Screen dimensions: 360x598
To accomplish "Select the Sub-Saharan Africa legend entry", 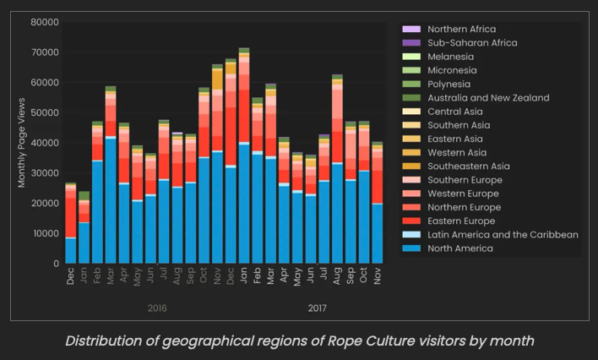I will point(472,42).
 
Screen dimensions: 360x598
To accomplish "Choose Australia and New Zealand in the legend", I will point(488,97).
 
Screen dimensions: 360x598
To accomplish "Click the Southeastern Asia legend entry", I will point(469,166).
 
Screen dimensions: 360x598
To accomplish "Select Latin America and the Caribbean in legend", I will point(503,234).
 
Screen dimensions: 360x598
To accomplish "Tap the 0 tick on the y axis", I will point(54,264).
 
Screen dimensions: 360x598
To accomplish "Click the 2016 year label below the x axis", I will point(156,308).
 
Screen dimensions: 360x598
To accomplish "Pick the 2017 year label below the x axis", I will point(317,308).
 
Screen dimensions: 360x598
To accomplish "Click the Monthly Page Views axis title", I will point(22,143).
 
